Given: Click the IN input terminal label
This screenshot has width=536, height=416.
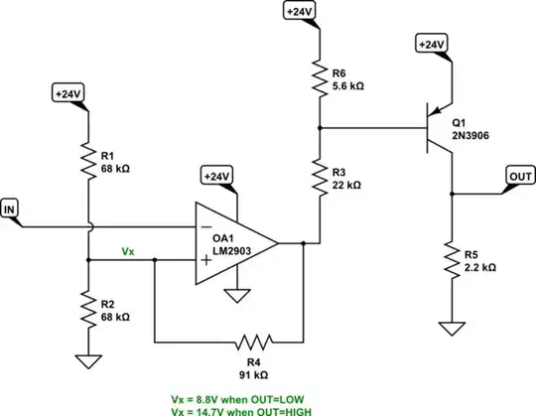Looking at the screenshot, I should point(12,208).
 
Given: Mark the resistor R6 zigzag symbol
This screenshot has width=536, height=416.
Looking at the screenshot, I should point(320,76).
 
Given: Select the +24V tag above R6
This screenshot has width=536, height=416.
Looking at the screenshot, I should point(301,12).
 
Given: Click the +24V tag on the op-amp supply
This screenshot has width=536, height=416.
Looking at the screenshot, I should point(217,176).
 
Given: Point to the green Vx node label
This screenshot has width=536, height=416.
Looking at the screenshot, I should point(128,252).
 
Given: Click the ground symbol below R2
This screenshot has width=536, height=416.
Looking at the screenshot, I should point(89,362).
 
